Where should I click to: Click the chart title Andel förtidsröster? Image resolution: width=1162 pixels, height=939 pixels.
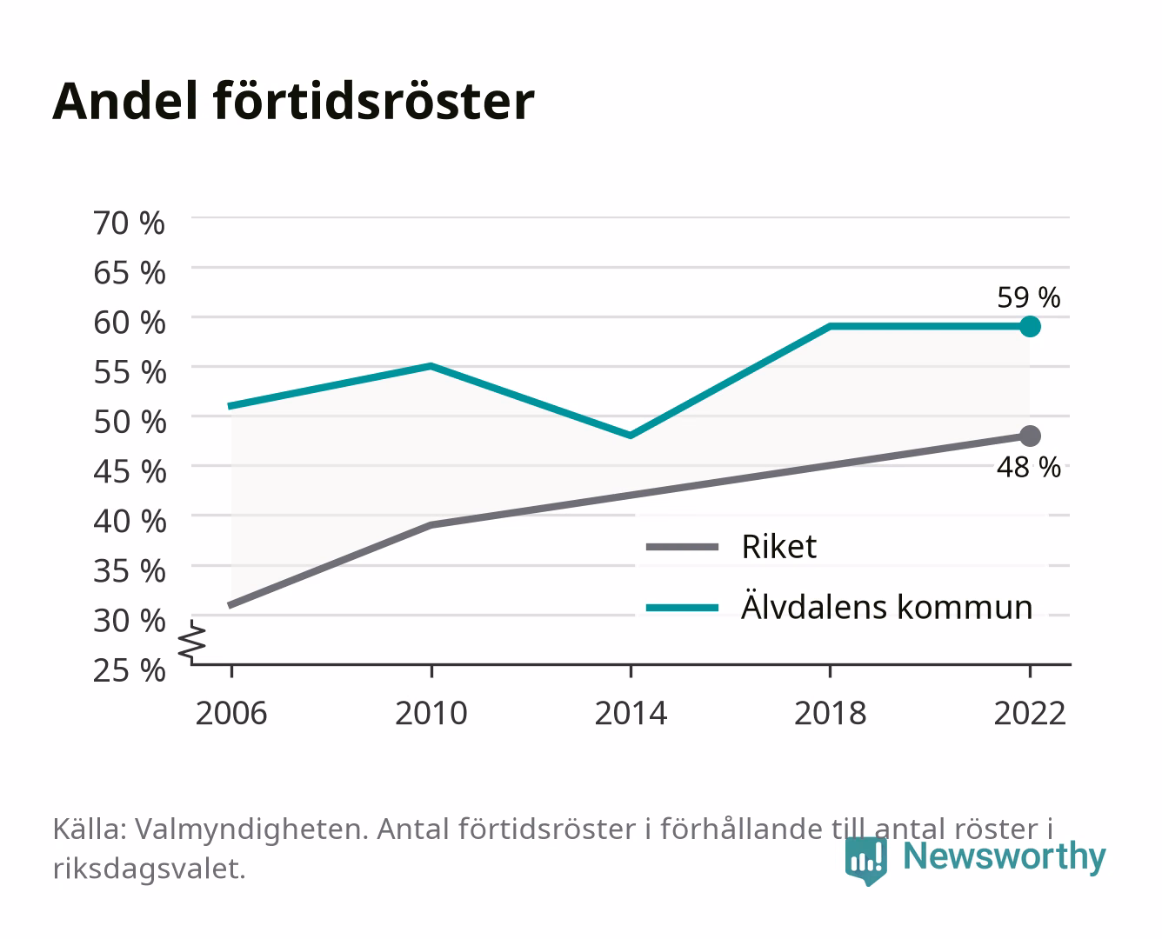293,102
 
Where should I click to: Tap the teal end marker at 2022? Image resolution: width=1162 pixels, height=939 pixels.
1030,327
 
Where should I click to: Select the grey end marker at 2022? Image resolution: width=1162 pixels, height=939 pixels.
1030,436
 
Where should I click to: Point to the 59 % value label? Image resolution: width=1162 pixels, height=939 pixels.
1028,297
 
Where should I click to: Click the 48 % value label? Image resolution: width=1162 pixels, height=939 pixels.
1028,467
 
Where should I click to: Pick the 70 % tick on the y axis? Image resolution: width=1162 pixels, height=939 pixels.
129,223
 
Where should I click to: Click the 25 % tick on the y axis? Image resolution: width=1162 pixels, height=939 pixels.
129,670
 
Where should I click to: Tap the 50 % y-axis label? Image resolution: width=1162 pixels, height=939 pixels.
130,422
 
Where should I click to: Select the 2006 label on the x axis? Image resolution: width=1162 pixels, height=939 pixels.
231,713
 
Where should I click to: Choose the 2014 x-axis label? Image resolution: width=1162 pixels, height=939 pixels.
631,713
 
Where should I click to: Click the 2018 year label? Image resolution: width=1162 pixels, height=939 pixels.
830,713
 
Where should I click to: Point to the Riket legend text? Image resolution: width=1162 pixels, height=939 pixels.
779,546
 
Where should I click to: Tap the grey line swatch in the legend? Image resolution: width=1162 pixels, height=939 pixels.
682,547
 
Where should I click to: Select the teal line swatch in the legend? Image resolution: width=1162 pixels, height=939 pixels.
682,608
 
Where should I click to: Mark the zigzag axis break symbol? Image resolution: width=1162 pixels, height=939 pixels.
192,642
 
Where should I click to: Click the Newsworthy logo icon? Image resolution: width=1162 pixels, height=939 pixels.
865,861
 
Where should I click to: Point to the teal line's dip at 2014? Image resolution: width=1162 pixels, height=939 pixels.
631,436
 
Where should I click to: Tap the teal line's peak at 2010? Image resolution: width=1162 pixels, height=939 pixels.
431,366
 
